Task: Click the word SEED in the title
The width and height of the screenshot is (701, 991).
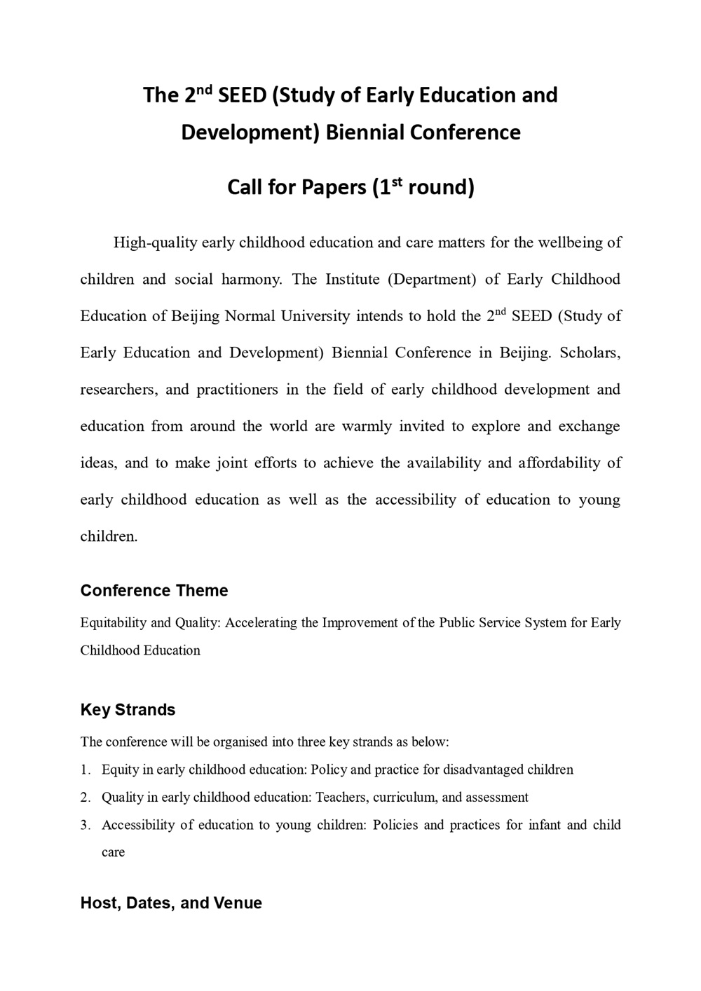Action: [x=243, y=95]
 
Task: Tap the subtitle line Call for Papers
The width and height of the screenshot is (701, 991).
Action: [x=350, y=187]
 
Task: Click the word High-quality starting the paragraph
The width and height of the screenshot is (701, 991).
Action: [x=155, y=243]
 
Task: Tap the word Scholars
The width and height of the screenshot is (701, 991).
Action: [x=590, y=353]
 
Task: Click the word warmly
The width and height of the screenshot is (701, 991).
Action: [x=367, y=426]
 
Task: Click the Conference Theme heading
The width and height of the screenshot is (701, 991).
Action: [x=154, y=591]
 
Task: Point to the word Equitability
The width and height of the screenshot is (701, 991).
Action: [x=114, y=623]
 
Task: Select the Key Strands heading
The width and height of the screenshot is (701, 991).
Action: [x=128, y=710]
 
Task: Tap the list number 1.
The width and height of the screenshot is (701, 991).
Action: [x=85, y=770]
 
